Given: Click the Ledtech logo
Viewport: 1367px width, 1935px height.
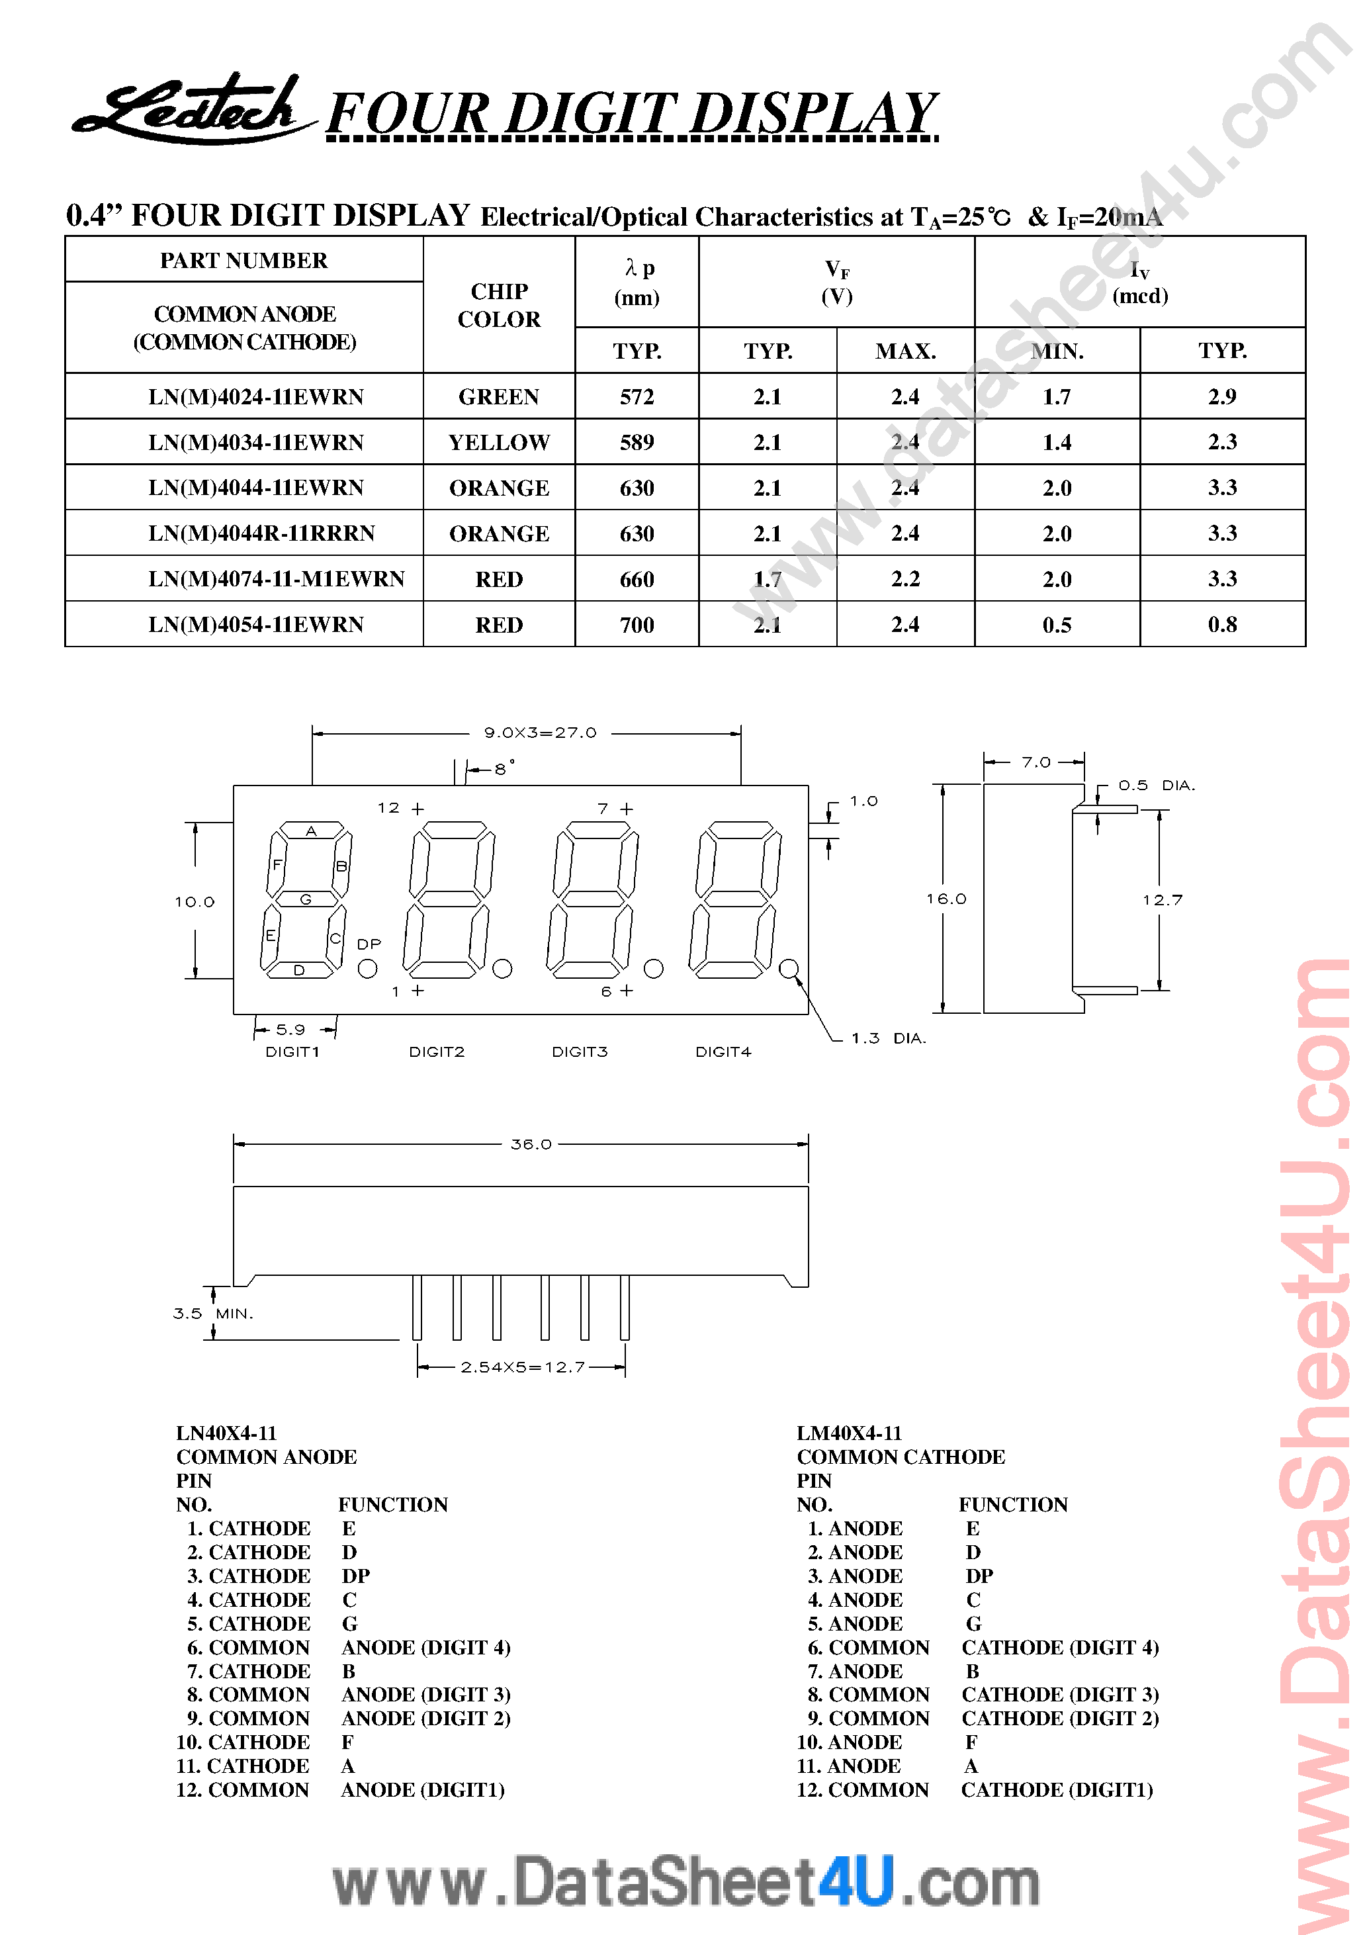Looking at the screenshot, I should pos(190,110).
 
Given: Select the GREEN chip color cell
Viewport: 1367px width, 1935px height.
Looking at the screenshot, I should pos(498,396).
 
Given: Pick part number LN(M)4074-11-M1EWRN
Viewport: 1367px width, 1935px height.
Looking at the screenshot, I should pos(276,579).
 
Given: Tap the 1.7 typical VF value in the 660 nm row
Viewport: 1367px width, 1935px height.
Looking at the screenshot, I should pos(767,579).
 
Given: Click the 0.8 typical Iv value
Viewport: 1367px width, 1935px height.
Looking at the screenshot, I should pos(1221,625).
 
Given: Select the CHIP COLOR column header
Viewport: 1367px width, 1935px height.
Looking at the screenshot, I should pos(498,305).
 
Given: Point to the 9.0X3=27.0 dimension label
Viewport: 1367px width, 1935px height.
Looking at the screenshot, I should pos(539,733).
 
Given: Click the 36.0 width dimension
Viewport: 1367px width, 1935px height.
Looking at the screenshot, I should pos(531,1144).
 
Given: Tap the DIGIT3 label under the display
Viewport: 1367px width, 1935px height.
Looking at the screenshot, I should pos(579,1052).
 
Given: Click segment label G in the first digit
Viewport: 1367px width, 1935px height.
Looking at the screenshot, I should pos(306,899).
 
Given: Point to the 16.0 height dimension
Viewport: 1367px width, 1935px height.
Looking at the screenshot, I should pos(946,899).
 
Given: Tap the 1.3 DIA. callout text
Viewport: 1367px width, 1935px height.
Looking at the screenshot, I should pos(887,1038).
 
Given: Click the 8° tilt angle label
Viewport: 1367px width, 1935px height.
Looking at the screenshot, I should pos(503,768).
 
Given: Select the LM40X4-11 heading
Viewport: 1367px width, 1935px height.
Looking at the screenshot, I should pos(849,1433).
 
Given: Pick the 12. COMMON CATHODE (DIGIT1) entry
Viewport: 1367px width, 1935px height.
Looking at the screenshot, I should pos(974,1789).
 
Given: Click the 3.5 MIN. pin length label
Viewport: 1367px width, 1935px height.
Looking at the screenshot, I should pos(212,1313).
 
